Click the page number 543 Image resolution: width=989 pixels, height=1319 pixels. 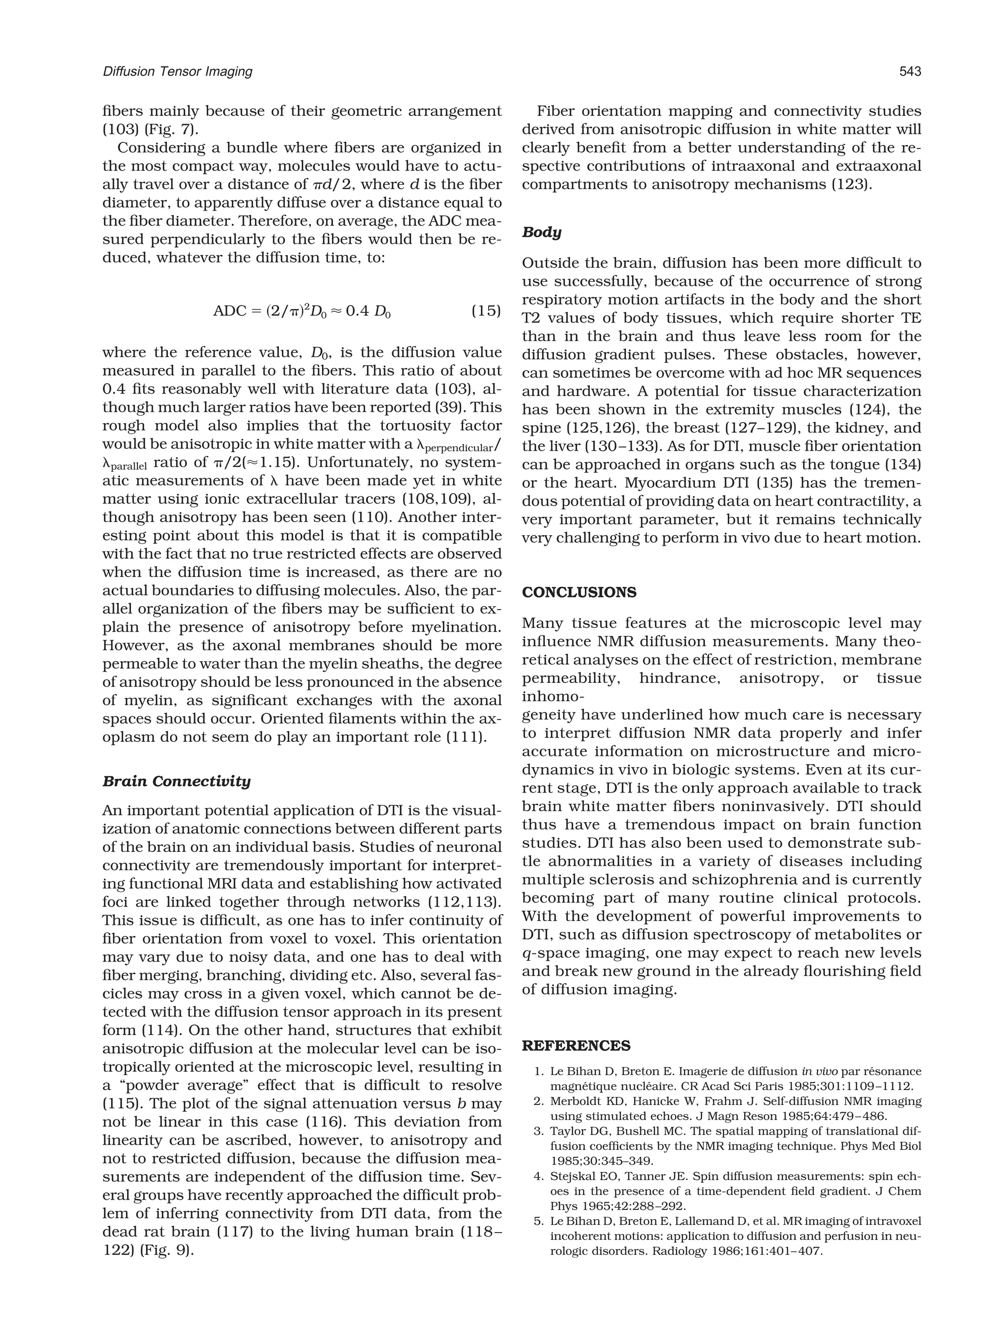tap(910, 72)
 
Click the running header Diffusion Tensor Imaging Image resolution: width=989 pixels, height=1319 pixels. tap(177, 72)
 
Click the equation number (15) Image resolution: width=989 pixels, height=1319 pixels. tap(486, 311)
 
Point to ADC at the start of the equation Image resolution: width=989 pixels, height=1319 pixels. tap(229, 311)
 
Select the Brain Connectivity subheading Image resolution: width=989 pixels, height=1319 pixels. tap(176, 781)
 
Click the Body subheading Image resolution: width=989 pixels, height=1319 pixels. tap(541, 233)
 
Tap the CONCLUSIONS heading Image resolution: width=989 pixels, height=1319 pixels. tap(579, 593)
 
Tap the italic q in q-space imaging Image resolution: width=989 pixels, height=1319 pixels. tap(526, 954)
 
